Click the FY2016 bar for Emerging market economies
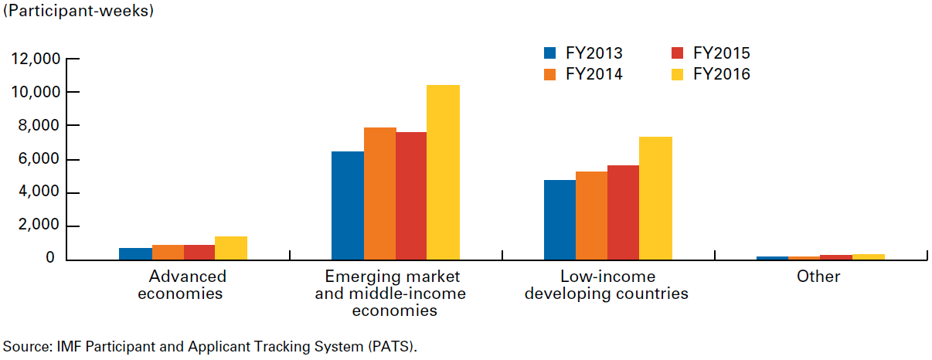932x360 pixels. click(x=444, y=172)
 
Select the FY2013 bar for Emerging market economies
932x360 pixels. click(x=348, y=205)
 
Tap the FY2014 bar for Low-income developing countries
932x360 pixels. click(x=591, y=216)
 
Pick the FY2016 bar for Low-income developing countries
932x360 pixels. click(x=655, y=199)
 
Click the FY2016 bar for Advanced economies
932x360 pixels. click(x=231, y=248)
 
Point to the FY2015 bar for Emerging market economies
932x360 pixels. click(x=411, y=196)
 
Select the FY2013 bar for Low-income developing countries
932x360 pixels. click(x=560, y=220)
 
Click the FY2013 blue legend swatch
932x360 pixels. click(x=550, y=53)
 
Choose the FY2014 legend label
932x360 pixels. click(x=594, y=74)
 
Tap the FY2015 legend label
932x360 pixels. click(x=721, y=53)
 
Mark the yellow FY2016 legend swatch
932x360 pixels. click(x=678, y=74)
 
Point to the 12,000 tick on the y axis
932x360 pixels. click(x=36, y=59)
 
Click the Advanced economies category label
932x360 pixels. click(x=187, y=285)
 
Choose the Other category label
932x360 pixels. click(x=818, y=277)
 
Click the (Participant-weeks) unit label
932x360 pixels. click(x=79, y=12)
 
